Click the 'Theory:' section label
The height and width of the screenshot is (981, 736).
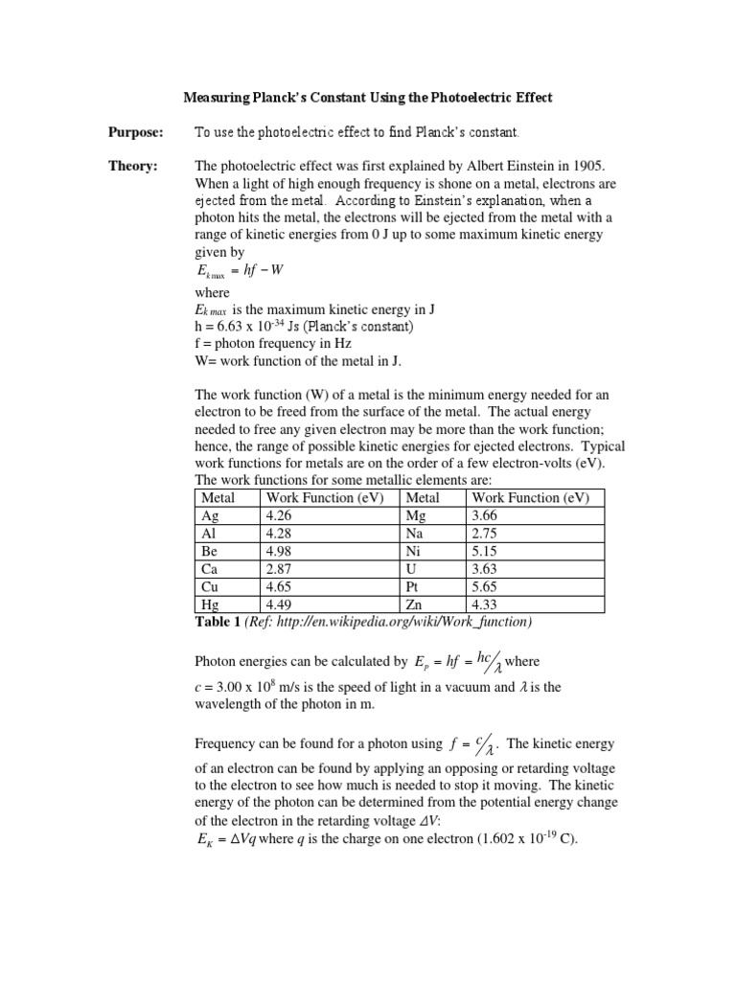(x=132, y=166)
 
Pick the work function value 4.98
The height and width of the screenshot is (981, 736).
(x=278, y=551)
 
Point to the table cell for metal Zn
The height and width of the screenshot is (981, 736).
(x=415, y=605)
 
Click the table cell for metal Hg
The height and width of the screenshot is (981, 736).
(x=210, y=605)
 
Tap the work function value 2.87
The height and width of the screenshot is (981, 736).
(x=278, y=569)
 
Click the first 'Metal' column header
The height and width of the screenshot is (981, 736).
(x=218, y=497)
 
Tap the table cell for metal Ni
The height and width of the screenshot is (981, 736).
(x=413, y=551)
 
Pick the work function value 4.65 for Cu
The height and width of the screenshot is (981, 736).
(x=278, y=586)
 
